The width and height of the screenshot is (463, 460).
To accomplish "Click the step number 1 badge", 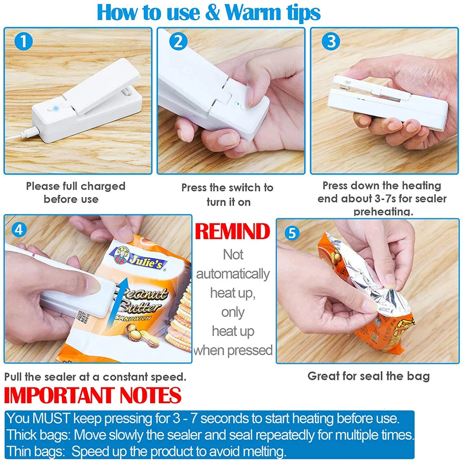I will pyautogui.click(x=23, y=42).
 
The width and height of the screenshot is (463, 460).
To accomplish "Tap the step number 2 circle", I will pyautogui.click(x=177, y=42).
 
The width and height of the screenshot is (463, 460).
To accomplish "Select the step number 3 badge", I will pyautogui.click(x=330, y=42).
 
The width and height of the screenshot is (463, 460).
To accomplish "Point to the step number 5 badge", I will pyautogui.click(x=291, y=233).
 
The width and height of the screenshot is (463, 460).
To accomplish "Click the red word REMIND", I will pyautogui.click(x=232, y=231).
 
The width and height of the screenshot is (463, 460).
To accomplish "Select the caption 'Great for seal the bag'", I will pyautogui.click(x=369, y=376).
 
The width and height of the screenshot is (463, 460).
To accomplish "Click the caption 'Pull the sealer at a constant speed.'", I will pyautogui.click(x=95, y=376).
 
